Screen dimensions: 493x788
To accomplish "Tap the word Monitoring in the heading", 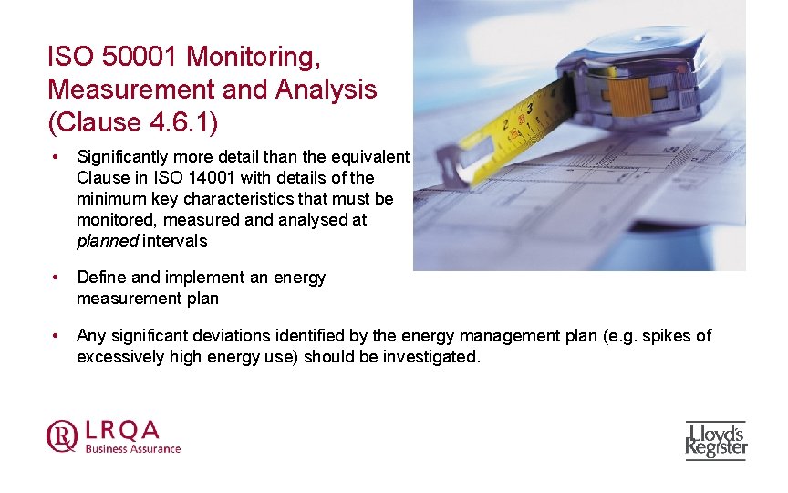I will coord(253,57).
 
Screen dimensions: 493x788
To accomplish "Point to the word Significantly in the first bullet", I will coord(122,157).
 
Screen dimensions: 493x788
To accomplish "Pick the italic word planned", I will coord(107,241).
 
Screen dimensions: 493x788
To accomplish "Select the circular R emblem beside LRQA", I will coord(62,435).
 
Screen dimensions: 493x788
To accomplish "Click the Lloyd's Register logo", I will coord(716,439).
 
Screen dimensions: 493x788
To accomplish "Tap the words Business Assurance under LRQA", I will coord(133,448).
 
